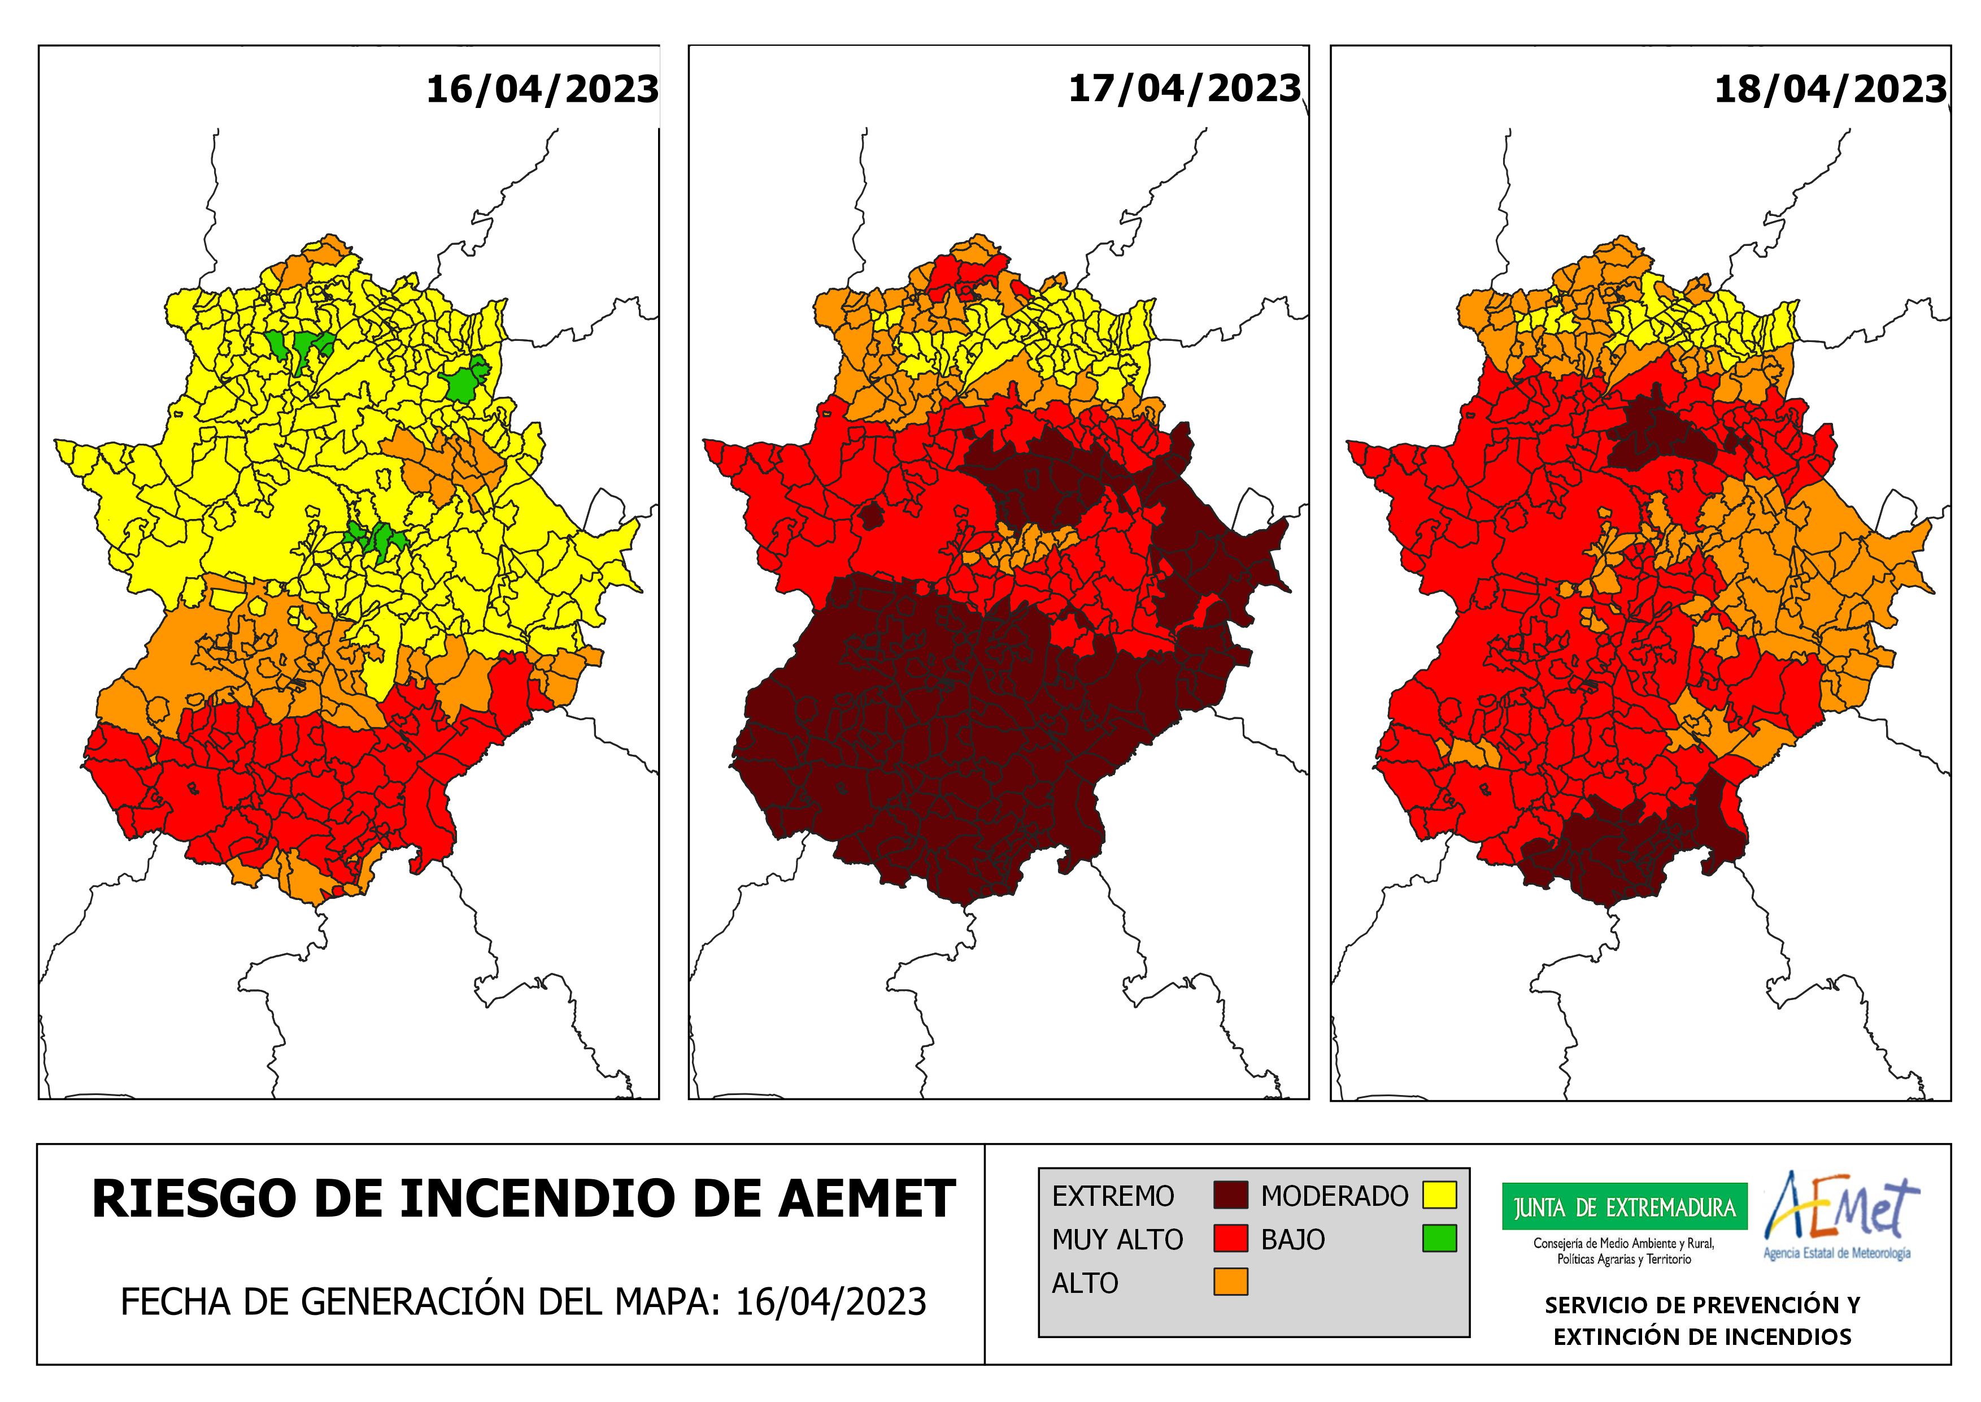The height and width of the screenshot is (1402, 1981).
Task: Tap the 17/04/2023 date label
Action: pyautogui.click(x=1184, y=88)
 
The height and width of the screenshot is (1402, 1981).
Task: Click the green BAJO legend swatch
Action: pyautogui.click(x=1439, y=1239)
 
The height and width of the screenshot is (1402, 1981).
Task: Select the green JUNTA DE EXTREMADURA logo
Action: pyautogui.click(x=1625, y=1207)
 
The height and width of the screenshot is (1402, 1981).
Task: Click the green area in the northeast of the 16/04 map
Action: pyautogui.click(x=464, y=383)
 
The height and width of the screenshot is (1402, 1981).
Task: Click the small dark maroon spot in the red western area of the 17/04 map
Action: pyautogui.click(x=872, y=516)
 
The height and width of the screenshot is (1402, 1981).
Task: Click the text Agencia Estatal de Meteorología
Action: pyautogui.click(x=1837, y=1253)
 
